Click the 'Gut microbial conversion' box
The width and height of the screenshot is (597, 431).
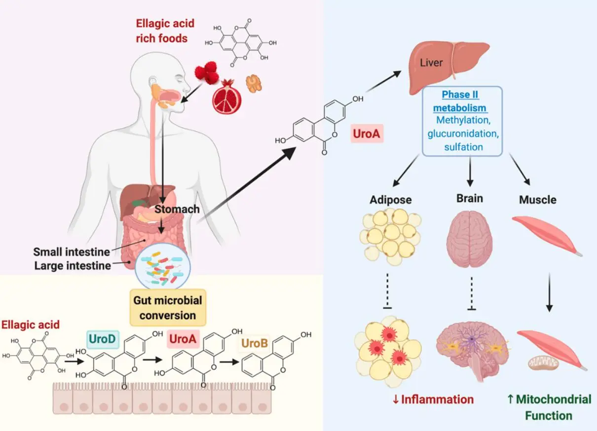tap(167, 307)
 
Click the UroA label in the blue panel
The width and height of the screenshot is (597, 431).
tap(368, 134)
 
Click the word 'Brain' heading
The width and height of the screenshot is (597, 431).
tap(469, 199)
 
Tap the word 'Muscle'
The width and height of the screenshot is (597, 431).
tap(537, 200)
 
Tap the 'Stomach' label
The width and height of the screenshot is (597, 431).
tap(177, 209)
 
